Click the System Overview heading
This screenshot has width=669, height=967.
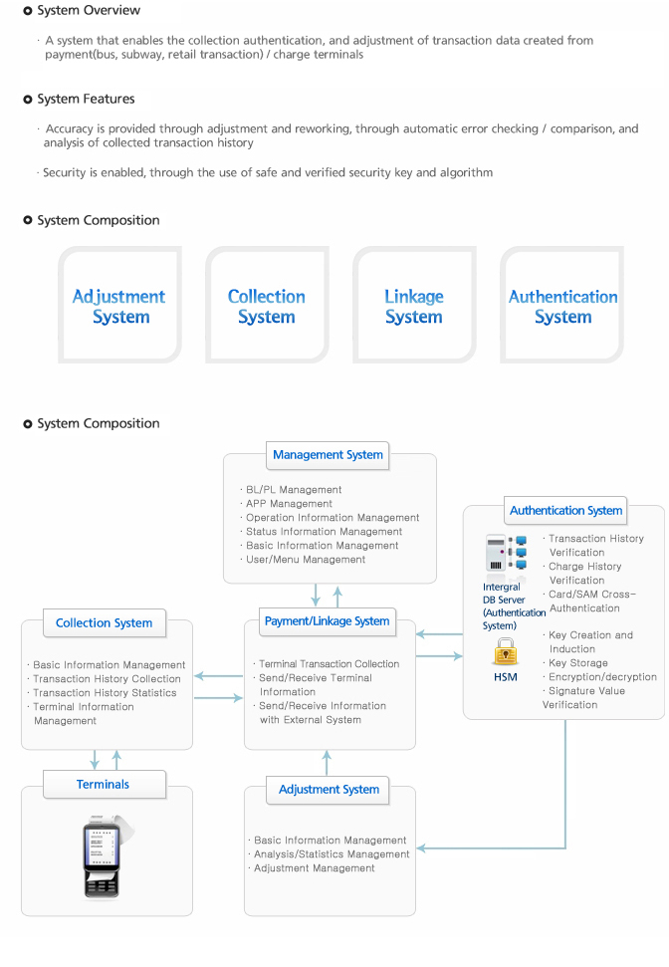89,11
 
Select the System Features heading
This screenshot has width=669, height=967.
86,99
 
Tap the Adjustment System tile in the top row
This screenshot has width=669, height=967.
119,306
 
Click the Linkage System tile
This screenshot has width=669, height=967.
414,306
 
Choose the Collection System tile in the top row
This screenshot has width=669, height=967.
267,306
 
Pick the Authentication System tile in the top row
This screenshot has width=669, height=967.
562,306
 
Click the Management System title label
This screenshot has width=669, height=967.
328,455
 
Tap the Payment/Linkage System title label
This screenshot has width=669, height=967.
327,621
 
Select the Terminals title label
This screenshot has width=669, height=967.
104,785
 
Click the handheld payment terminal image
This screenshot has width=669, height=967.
105,856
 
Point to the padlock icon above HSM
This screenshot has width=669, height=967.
505,651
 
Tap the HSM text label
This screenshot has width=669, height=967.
505,677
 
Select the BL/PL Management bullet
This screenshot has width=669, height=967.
291,490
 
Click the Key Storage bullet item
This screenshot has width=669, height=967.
575,663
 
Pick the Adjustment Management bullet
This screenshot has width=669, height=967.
312,868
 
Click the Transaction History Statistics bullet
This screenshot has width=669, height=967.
102,693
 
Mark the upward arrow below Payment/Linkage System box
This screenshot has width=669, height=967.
327,762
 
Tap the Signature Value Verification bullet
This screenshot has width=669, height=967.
583,697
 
